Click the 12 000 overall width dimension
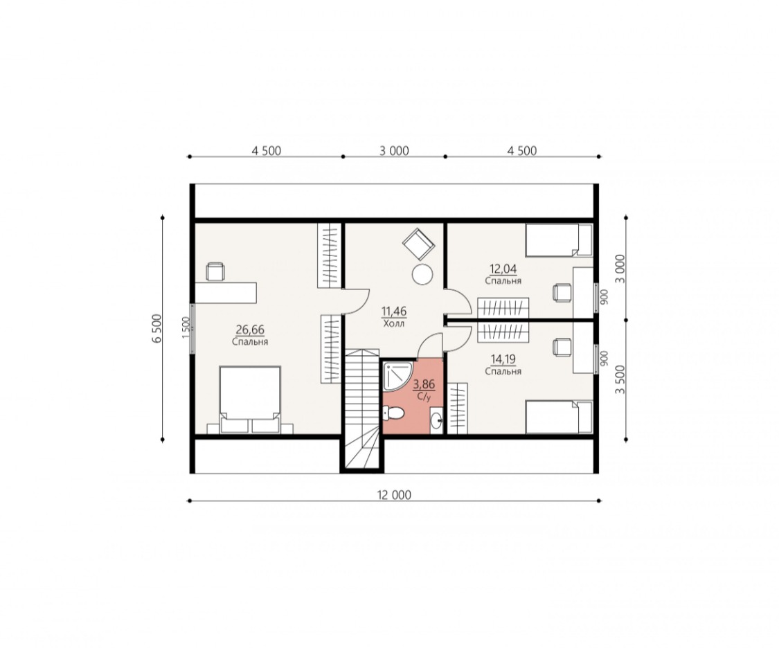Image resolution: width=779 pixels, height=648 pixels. click(x=394, y=495)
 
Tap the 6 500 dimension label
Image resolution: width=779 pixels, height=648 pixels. click(x=157, y=328)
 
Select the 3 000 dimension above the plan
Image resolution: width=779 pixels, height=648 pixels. click(x=394, y=150)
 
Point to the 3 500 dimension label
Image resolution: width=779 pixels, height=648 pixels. click(x=620, y=379)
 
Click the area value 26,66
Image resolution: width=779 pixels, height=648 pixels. click(x=250, y=330)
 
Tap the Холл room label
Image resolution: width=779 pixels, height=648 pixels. click(x=394, y=324)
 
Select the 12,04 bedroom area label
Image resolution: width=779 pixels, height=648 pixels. click(x=503, y=269)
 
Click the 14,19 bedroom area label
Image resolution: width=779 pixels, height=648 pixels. click(x=503, y=359)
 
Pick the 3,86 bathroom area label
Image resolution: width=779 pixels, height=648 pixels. click(x=424, y=384)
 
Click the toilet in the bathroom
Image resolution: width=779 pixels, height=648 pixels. click(x=393, y=413)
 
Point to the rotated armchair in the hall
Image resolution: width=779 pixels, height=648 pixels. click(x=418, y=244)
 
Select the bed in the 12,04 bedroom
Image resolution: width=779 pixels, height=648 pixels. click(x=559, y=240)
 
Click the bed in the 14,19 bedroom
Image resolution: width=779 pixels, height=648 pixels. click(x=559, y=417)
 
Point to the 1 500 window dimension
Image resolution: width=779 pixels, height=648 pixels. click(x=186, y=328)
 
